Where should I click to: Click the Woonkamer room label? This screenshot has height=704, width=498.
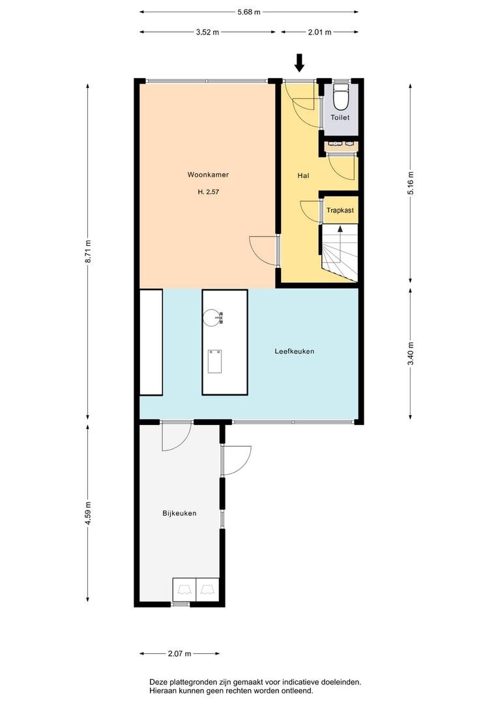[208, 175]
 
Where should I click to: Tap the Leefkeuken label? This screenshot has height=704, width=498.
[294, 351]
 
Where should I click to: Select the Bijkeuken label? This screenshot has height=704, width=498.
[179, 513]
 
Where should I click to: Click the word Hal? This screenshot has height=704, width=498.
[303, 175]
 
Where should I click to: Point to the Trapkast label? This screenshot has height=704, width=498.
[340, 210]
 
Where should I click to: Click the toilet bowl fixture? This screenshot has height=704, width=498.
[342, 97]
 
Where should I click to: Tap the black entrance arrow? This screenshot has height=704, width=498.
[299, 63]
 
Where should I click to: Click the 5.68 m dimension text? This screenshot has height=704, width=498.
[249, 12]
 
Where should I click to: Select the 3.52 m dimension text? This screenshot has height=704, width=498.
[207, 32]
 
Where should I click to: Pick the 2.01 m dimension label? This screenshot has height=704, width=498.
[319, 32]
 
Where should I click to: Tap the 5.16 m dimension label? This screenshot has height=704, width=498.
[411, 183]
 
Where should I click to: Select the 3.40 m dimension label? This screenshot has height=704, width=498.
[411, 354]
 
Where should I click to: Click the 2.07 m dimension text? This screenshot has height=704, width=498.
[180, 654]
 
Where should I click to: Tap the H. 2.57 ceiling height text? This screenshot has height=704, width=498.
[209, 192]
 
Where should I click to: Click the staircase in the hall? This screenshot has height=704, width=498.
[340, 253]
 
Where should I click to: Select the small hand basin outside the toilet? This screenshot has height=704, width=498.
[342, 145]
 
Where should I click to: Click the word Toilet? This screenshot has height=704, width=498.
[340, 117]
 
